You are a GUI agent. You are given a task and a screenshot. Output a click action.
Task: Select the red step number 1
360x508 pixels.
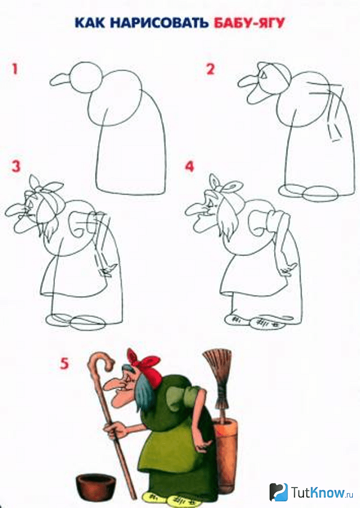(15, 69)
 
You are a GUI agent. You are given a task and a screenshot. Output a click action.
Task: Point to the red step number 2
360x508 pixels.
(210, 69)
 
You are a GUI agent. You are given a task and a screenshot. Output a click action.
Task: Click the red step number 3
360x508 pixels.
(16, 166)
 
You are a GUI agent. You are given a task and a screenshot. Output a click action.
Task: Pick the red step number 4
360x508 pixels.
(189, 167)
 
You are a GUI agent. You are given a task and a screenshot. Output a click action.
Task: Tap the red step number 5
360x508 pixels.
(64, 364)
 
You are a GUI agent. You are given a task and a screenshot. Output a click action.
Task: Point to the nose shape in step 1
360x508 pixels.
(61, 80)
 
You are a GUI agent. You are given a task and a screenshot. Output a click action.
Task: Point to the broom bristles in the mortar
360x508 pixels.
(217, 366)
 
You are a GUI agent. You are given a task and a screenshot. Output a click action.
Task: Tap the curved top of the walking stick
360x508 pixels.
(101, 360)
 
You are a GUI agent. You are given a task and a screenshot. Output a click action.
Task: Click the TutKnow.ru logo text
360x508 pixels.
(322, 493)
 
